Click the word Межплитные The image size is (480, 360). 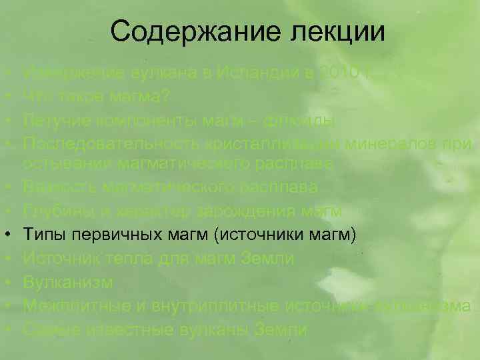point(68,304)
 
